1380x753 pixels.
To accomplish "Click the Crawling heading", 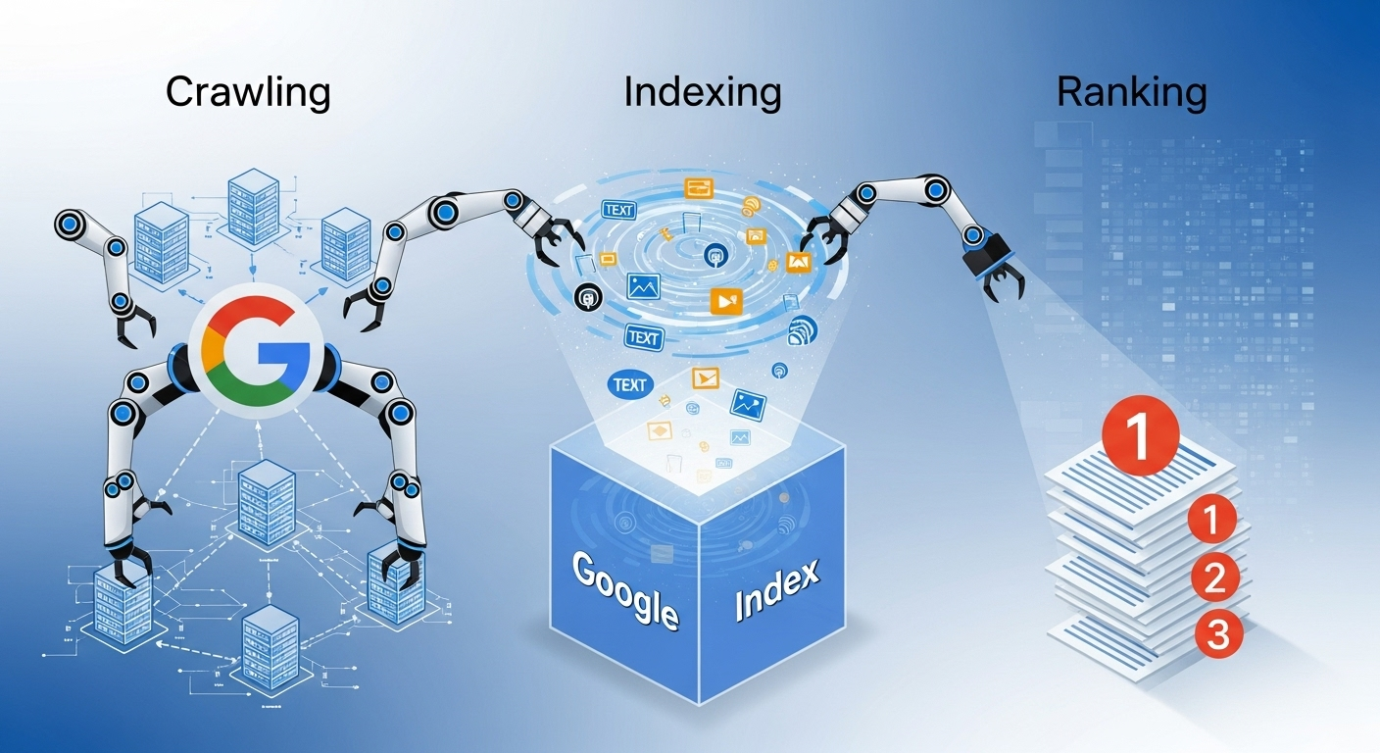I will [x=248, y=93].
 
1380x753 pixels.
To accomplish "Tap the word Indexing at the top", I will [x=702, y=93].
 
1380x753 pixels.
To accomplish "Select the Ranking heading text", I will [x=1131, y=93].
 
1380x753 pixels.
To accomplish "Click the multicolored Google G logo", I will [x=249, y=347].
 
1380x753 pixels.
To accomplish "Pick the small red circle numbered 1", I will [x=1212, y=519].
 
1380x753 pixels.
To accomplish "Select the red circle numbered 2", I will [x=1213, y=577].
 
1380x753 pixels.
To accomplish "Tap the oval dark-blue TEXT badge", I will [x=629, y=384].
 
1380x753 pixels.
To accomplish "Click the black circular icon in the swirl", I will [x=588, y=296].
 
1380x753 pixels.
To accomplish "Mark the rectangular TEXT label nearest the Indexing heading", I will [x=618, y=210].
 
